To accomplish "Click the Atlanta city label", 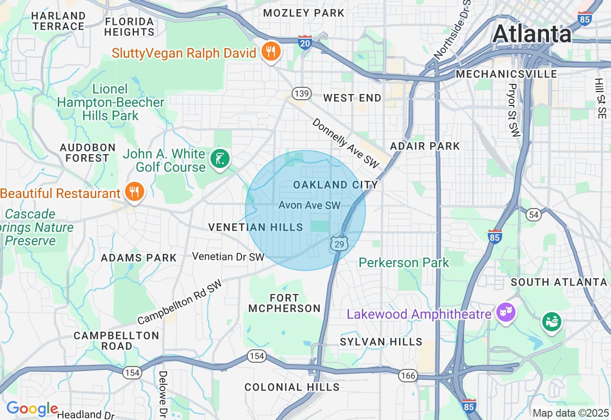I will (x=532, y=34).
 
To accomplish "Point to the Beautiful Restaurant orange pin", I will (x=135, y=191).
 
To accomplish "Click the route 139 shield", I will (x=302, y=93).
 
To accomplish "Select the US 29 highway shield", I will (x=338, y=244).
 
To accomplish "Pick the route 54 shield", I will (x=534, y=215).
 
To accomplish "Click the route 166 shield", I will (x=409, y=375).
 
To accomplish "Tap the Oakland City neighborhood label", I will (x=335, y=185).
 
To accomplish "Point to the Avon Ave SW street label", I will (x=309, y=205).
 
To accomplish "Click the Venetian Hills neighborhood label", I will (x=255, y=228).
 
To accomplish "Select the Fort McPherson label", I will (x=284, y=303).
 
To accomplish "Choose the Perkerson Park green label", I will (x=404, y=262).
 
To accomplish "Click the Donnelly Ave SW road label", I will (x=345, y=143).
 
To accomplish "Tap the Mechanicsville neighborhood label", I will (x=506, y=74).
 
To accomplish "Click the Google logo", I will (x=32, y=409).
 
